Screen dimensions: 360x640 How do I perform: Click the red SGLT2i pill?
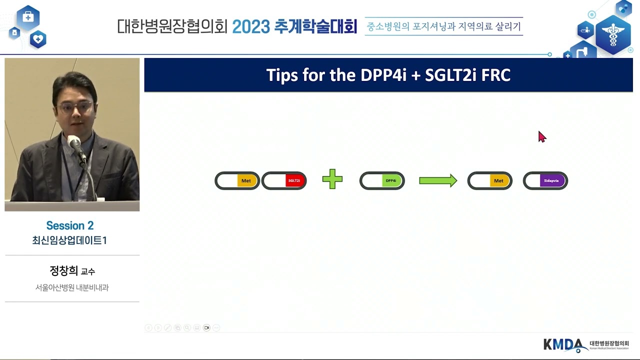pos(284,180)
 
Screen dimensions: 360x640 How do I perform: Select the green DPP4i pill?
pos(382,180)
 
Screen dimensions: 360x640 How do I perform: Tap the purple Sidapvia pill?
pos(545,180)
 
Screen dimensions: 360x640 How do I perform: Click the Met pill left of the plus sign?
pos(237,180)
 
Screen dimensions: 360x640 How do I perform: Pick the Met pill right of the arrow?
pos(489,180)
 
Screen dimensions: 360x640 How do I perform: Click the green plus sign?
pos(332,179)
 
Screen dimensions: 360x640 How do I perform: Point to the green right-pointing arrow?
pos(438,180)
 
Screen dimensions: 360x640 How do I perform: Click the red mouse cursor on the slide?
pos(542,136)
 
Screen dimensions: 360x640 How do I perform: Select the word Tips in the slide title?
pos(282,75)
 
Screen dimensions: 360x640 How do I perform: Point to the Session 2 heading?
pos(70,225)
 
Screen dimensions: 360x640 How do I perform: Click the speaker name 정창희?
pos(64,271)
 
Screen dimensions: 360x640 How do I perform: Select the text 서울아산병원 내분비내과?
pos(72,287)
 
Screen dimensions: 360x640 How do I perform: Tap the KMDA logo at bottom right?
pos(565,344)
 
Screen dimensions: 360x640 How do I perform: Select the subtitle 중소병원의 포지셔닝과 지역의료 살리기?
pos(443,26)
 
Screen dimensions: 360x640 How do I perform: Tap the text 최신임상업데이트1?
pos(70,240)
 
